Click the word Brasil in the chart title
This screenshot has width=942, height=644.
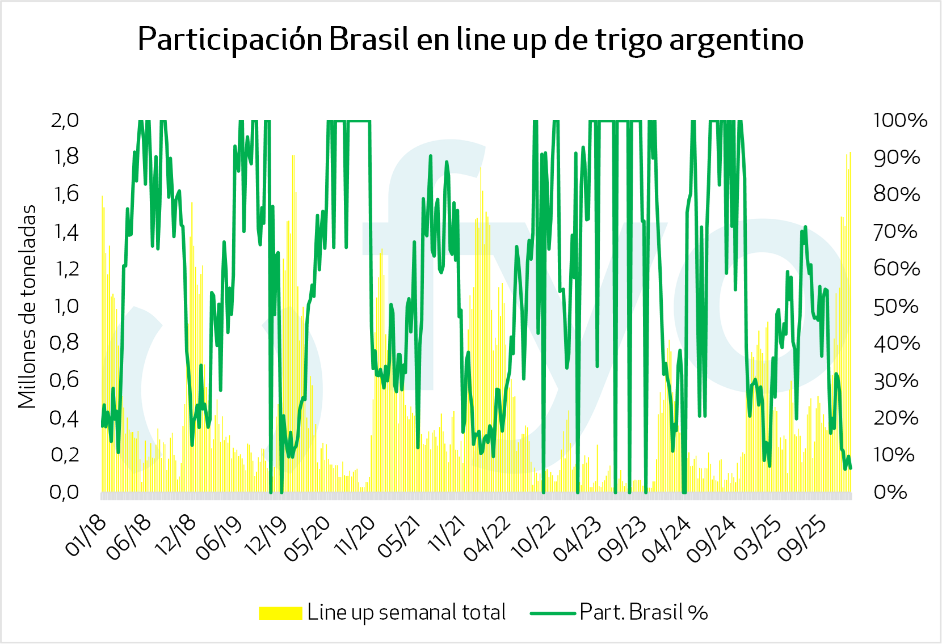pyautogui.click(x=369, y=39)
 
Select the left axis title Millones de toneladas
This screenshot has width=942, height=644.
pyautogui.click(x=27, y=307)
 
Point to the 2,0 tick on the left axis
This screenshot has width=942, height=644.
pyautogui.click(x=65, y=120)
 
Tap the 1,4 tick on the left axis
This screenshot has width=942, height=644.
pyautogui.click(x=65, y=232)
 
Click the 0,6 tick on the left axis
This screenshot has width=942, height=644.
pyautogui.click(x=65, y=380)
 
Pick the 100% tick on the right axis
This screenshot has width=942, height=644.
pyautogui.click(x=900, y=120)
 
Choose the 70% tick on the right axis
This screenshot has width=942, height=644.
pyautogui.click(x=895, y=232)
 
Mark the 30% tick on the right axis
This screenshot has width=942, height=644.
pyautogui.click(x=895, y=380)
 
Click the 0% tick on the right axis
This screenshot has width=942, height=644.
pyautogui.click(x=890, y=492)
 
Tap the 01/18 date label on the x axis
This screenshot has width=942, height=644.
pyautogui.click(x=86, y=536)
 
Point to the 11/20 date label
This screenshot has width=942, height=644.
pyautogui.click(x=355, y=536)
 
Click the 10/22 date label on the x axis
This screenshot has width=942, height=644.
pyautogui.click(x=533, y=536)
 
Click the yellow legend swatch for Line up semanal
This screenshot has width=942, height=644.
pyautogui.click(x=280, y=613)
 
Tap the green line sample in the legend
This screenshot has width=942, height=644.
pyautogui.click(x=552, y=613)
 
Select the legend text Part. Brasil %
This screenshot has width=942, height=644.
pyautogui.click(x=644, y=613)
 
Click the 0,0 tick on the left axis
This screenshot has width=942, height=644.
pyautogui.click(x=65, y=492)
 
